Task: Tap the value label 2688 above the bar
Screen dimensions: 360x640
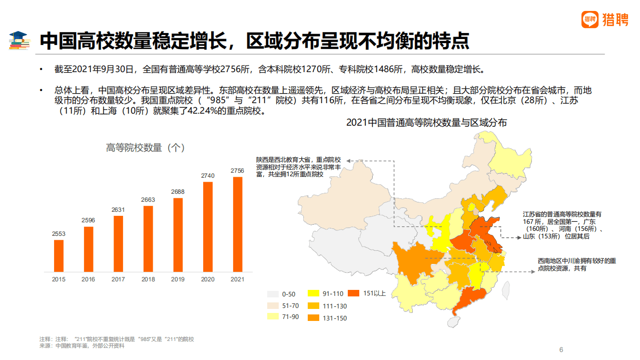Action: (x=178, y=192)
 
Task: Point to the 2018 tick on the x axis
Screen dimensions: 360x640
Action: (x=148, y=279)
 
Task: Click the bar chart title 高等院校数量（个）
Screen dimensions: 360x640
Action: (x=146, y=148)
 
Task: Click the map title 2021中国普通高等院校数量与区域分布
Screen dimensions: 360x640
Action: (x=426, y=123)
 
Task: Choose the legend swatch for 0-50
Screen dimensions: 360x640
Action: (x=273, y=294)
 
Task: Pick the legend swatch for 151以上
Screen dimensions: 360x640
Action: (x=354, y=293)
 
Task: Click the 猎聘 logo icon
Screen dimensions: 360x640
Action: (x=590, y=20)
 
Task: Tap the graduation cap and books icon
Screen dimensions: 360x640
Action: (x=20, y=41)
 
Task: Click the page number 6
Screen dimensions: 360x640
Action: (x=561, y=349)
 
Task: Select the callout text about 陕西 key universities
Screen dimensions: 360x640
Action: (x=299, y=167)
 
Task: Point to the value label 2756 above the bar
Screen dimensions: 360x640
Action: (x=238, y=171)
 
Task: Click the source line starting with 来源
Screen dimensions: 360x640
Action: (x=82, y=346)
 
